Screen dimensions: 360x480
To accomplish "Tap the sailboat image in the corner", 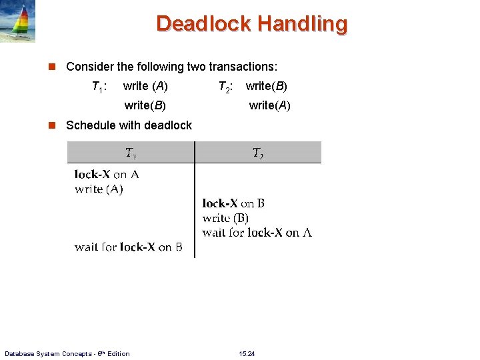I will click(18, 21).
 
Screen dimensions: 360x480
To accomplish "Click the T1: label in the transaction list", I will click(99, 86).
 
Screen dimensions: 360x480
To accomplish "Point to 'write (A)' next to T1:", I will click(145, 86).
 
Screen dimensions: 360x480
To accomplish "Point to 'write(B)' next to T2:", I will click(267, 86).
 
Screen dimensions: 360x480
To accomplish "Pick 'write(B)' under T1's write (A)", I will click(145, 105).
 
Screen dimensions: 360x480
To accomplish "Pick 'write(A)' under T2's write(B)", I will click(269, 105).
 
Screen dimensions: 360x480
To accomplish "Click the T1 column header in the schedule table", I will click(131, 153).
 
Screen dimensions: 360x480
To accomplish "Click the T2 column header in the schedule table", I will click(257, 153).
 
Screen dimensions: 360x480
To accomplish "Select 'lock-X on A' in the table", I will click(107, 175).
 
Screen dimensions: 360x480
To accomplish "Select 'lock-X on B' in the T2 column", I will click(233, 203).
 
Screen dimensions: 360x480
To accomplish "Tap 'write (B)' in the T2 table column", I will click(225, 218).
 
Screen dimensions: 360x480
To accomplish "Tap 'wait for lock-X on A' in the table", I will click(257, 233).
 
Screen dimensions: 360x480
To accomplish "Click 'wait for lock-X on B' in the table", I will click(128, 247).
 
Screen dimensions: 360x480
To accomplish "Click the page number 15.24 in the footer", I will click(246, 353).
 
